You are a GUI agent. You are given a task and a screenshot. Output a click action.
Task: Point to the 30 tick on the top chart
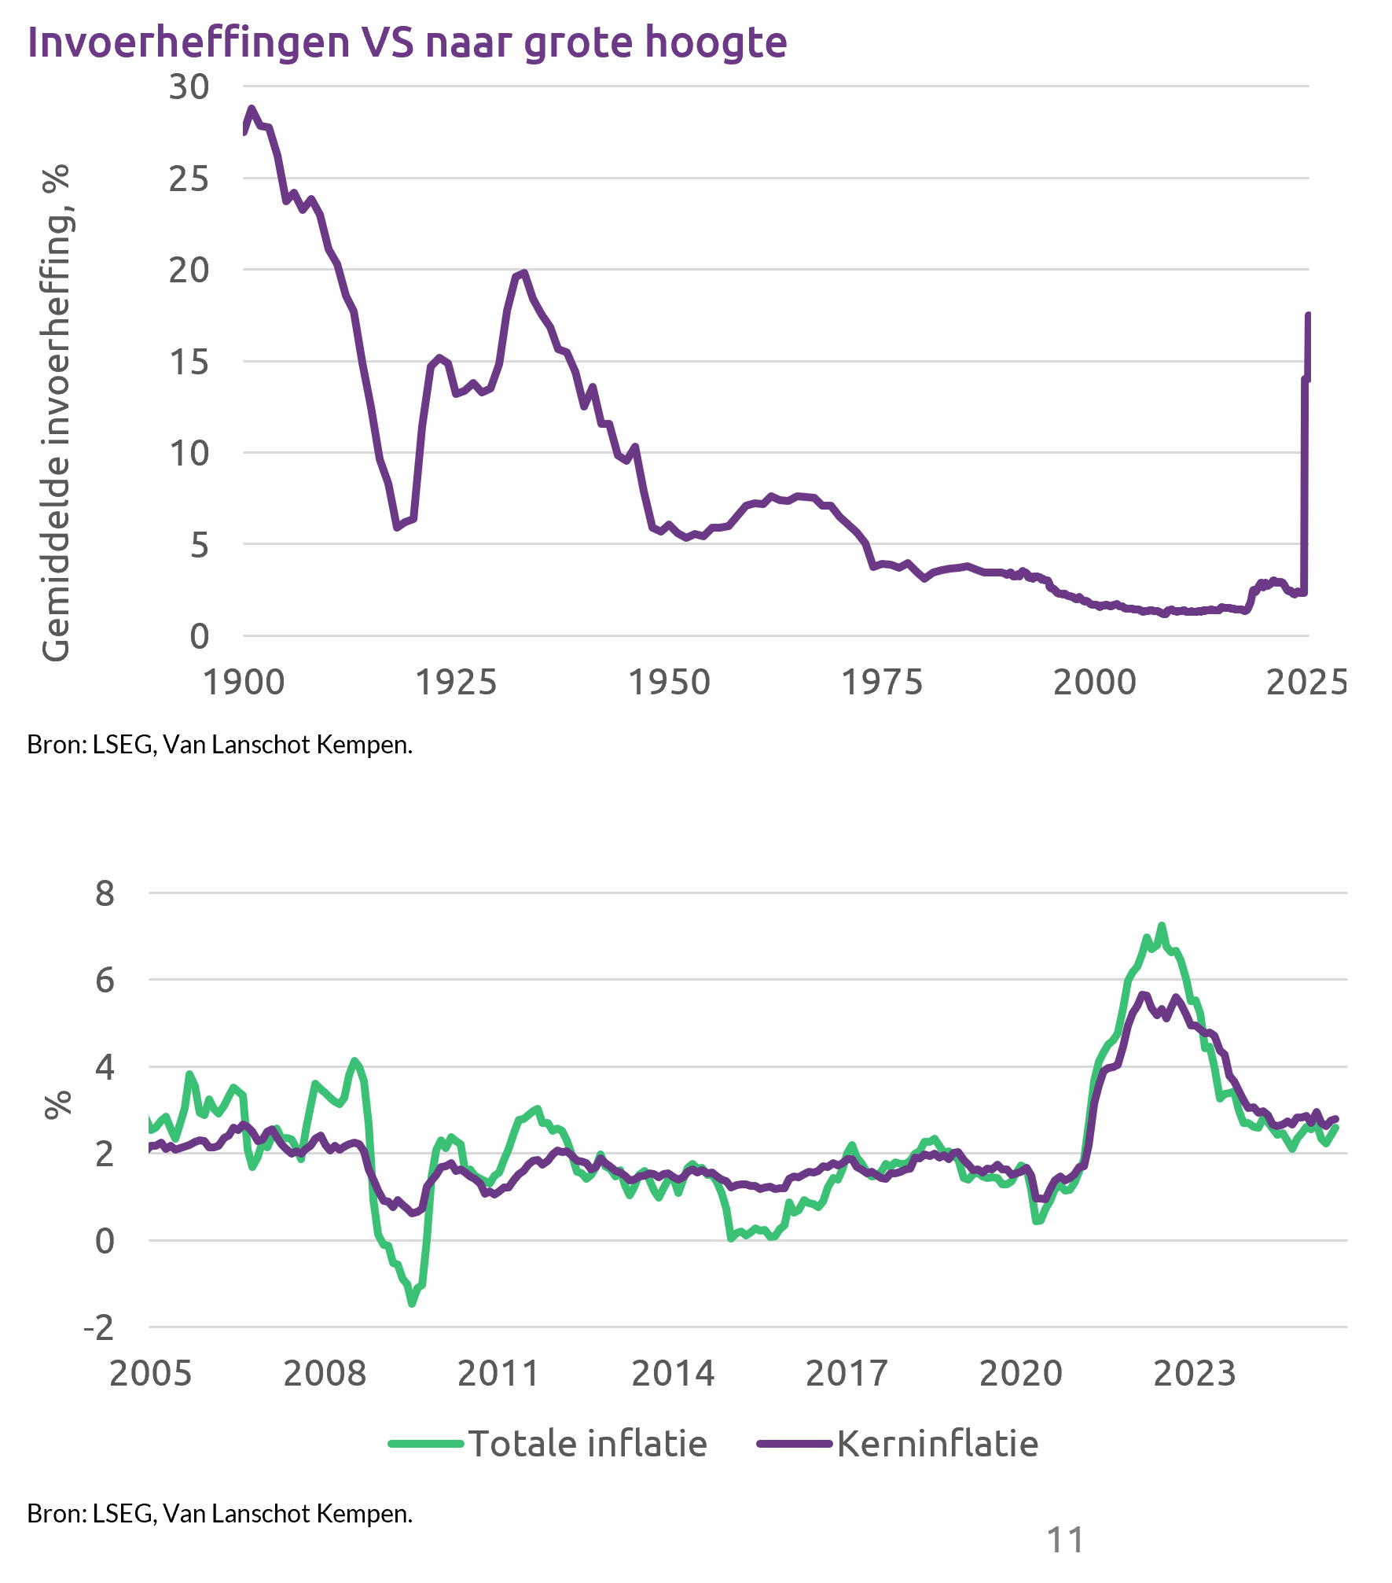189,87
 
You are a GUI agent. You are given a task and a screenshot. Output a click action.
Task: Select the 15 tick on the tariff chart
189,362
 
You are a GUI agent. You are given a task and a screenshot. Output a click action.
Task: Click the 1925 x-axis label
456,683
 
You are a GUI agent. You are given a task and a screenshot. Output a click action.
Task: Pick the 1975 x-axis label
882,683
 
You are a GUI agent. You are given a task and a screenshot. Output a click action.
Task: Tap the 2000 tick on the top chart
1094,683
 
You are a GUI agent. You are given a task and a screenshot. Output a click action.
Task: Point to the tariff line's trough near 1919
397,528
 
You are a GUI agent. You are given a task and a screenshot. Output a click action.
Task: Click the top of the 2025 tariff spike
1308,315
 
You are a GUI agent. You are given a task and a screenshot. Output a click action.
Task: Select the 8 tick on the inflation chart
105,894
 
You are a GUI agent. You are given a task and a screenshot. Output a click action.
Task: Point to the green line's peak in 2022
1161,926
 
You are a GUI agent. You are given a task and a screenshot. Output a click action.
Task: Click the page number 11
1065,1540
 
